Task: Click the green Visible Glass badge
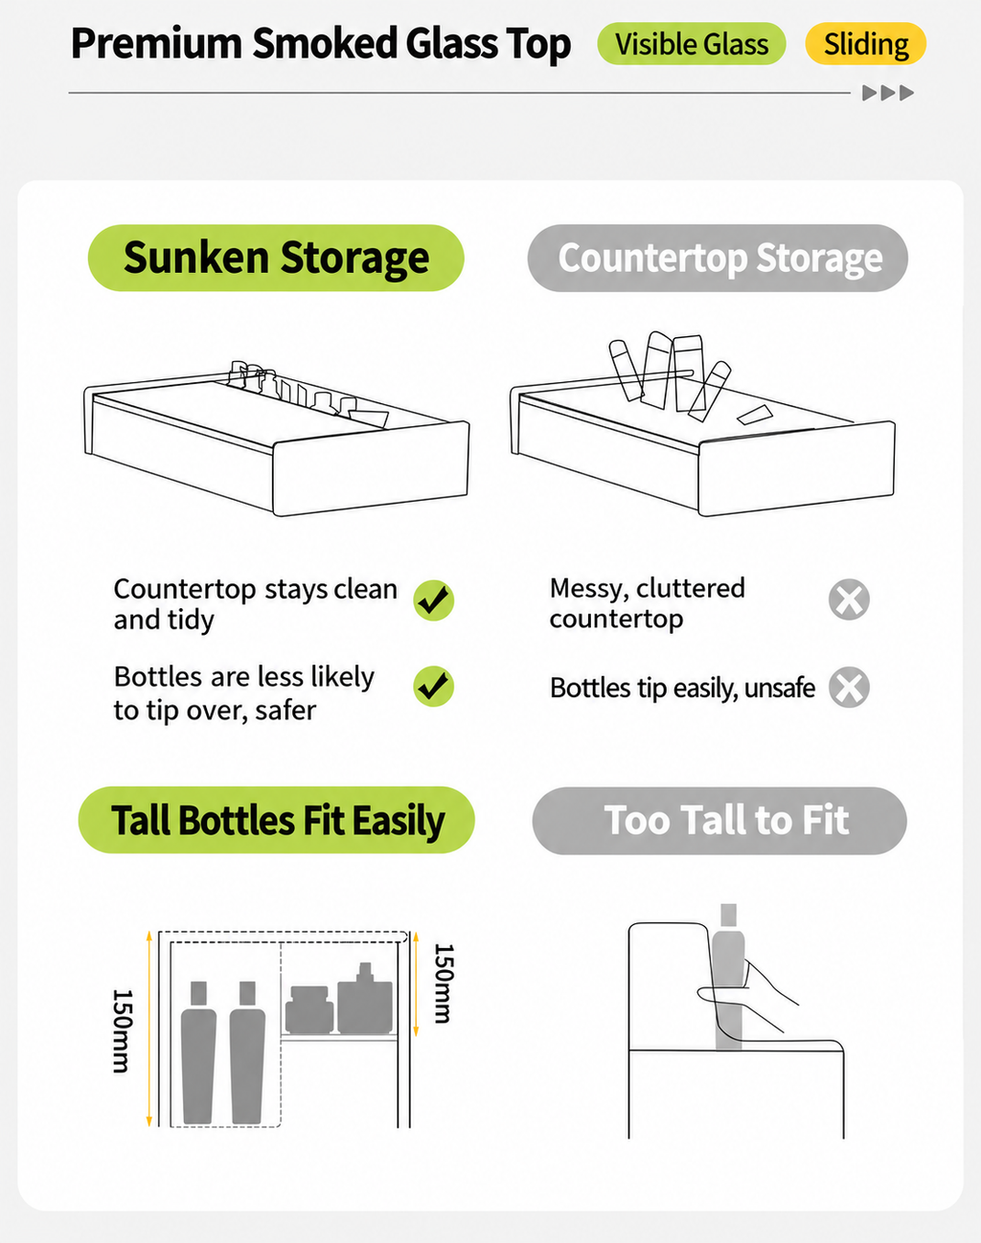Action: coord(692,44)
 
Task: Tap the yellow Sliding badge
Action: coord(865,44)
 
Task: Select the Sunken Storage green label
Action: coord(276,258)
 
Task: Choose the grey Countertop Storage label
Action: coord(718,258)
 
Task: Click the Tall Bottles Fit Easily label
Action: coord(277,820)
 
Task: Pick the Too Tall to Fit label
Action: coord(719,820)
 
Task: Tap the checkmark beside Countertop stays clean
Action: coord(434,600)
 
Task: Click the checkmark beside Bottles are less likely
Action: coord(434,687)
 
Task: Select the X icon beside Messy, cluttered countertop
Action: coord(849,599)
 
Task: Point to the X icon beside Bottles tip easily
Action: coord(849,688)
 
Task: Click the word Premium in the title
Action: coord(156,44)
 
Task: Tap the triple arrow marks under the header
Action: coord(888,93)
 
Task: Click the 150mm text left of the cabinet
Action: coord(123,1031)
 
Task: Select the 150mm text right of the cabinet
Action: coord(444,983)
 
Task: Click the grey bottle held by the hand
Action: coord(728,976)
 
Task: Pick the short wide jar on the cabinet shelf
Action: coord(309,1009)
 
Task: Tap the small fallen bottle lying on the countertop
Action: coord(755,414)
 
